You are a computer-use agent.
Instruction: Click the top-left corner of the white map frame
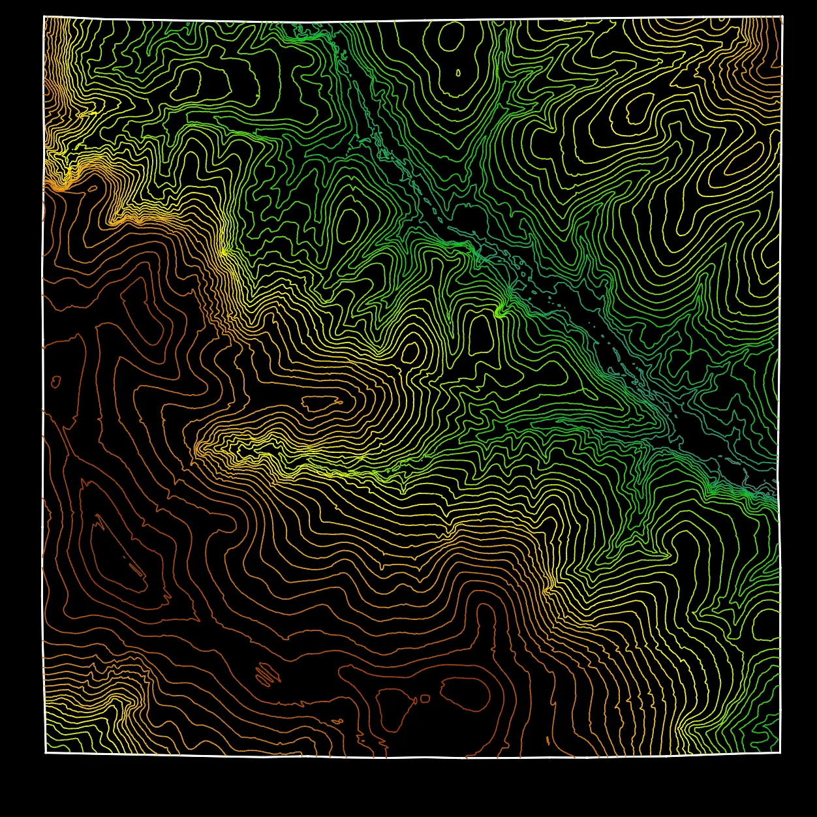[44, 16]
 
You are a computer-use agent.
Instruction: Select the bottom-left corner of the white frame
[45, 753]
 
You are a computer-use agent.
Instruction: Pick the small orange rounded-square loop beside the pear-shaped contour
[425, 699]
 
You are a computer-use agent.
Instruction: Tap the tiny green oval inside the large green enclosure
[457, 72]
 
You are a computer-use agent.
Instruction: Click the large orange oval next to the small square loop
[465, 694]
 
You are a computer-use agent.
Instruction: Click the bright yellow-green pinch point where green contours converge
[500, 313]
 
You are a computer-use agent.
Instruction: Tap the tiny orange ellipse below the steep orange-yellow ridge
[92, 189]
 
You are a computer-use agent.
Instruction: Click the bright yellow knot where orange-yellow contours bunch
[224, 252]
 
